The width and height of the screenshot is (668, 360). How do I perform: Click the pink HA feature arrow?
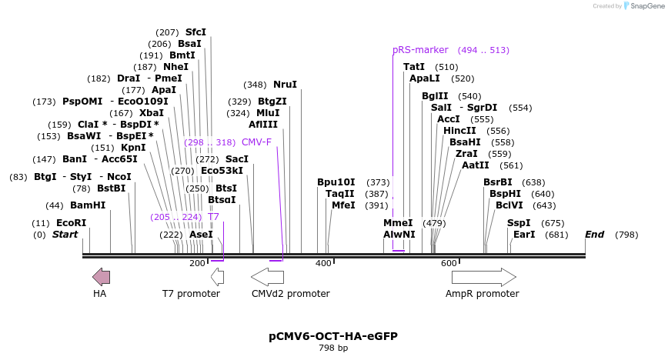click(101, 277)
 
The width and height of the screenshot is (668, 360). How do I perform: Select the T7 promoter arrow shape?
click(217, 277)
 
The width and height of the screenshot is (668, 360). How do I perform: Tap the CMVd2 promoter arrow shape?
click(267, 277)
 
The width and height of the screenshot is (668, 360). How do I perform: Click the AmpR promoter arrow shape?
click(483, 277)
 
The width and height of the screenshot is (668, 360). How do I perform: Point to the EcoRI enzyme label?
click(70, 223)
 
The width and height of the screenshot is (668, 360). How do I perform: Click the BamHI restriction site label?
click(88, 205)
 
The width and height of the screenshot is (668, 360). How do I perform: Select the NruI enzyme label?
click(285, 85)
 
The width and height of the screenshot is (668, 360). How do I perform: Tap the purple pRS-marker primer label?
click(420, 50)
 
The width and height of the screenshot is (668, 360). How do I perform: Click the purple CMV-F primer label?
click(256, 142)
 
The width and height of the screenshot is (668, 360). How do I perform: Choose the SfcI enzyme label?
click(195, 32)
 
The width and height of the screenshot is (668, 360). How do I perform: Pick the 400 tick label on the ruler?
click(323, 263)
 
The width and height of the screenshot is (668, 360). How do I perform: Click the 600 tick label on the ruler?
click(449, 263)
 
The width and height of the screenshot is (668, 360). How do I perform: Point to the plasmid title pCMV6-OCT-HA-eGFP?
click(333, 336)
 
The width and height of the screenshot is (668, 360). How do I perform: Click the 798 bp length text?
click(333, 348)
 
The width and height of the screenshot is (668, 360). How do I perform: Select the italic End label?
click(594, 235)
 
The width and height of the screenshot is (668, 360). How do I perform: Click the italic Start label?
click(65, 235)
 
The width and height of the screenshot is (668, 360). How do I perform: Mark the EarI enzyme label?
click(524, 235)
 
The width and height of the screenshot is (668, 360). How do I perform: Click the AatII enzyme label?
click(476, 165)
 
